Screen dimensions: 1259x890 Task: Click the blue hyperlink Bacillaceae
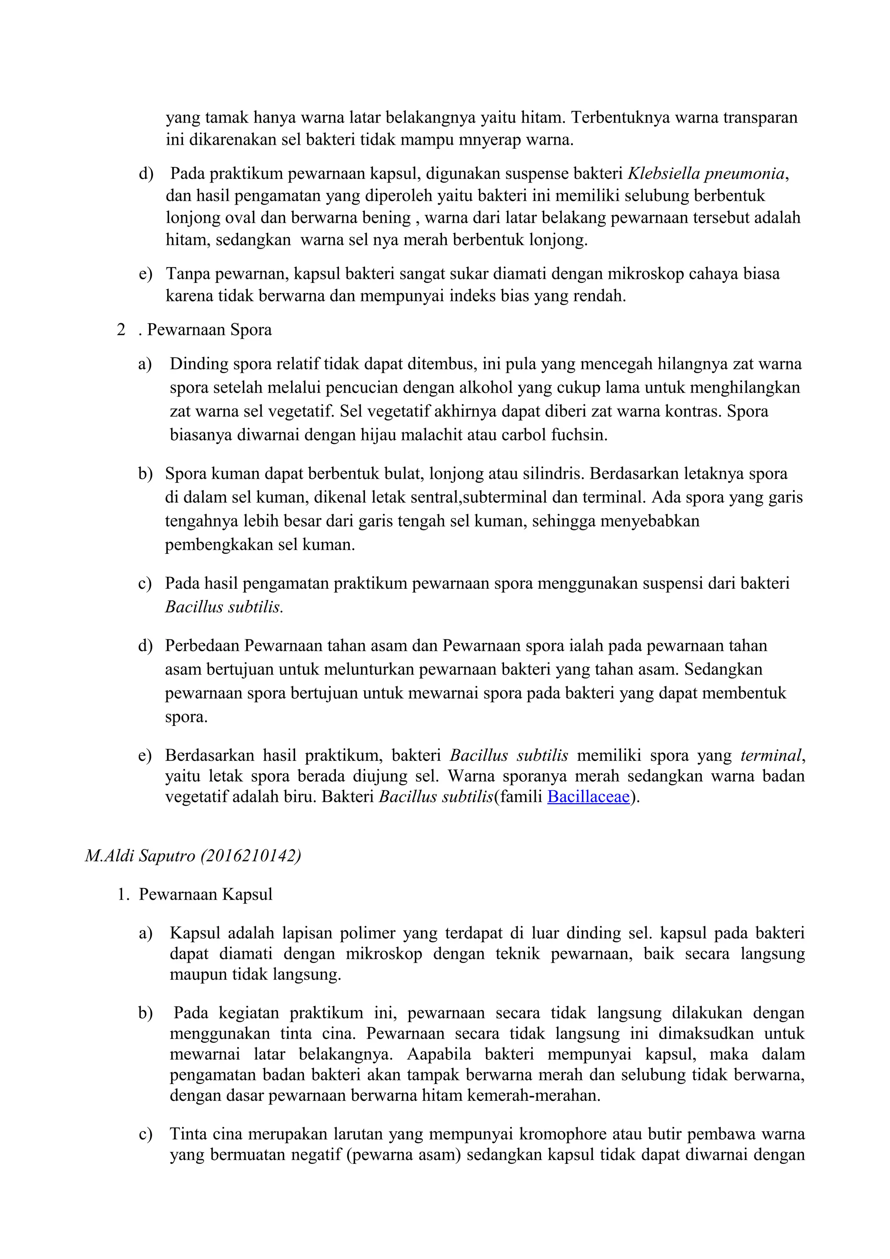[588, 796]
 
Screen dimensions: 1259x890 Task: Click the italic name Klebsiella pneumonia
[706, 174]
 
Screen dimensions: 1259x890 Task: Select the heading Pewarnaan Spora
[209, 330]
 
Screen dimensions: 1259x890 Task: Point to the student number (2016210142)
[251, 855]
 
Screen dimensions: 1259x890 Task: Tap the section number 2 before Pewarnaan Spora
[121, 330]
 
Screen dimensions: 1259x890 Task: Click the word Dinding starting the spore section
[199, 364]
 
